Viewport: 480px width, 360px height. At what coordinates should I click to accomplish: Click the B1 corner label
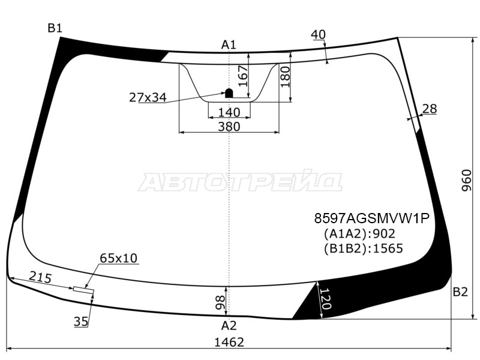tap(55, 28)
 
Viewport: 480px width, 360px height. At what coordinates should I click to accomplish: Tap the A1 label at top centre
tap(229, 45)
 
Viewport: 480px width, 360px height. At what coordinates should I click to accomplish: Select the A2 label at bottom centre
tap(229, 325)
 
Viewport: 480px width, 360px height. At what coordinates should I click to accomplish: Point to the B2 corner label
tap(460, 292)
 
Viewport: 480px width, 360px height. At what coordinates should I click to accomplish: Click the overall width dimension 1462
tap(229, 342)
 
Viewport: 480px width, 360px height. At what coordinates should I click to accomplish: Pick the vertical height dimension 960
tap(467, 180)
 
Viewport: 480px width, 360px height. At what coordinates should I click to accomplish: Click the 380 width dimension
tap(229, 127)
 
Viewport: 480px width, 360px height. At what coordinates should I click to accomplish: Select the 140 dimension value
tap(229, 112)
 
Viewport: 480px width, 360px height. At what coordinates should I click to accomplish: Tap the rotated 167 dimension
tap(242, 76)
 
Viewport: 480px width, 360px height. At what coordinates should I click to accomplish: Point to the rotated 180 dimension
tap(285, 77)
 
